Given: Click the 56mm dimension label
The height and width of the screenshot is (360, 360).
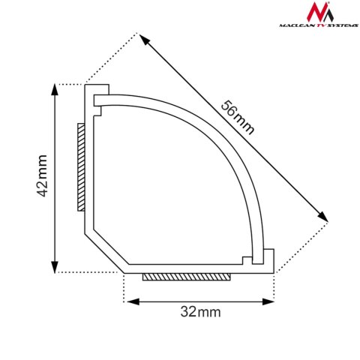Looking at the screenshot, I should point(238,117).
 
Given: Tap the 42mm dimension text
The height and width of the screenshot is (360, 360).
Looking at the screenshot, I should point(42,176).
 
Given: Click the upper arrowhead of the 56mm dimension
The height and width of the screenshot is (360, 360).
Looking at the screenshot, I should point(142,37).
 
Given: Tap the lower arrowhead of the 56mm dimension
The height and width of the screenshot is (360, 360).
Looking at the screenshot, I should point(324,217).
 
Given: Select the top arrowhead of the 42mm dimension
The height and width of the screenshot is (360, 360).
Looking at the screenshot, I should point(55,89).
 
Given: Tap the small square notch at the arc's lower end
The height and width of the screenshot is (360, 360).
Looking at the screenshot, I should point(246,260).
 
